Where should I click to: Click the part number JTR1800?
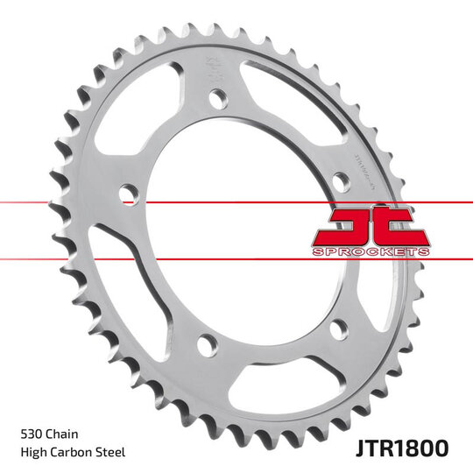pos(403,448)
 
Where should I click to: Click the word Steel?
pos(111,452)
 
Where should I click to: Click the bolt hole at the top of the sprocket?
pos(216,98)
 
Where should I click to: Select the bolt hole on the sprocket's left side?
pos(126,191)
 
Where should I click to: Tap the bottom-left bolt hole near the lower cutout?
pos(205,342)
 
